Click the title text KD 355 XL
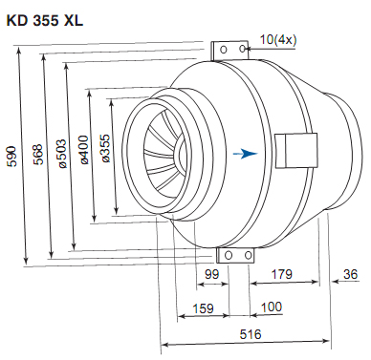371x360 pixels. point(45,21)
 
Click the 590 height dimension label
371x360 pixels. point(12,157)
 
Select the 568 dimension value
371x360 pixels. point(38,155)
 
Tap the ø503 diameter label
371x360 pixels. point(61,154)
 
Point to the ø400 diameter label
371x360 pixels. point(84,150)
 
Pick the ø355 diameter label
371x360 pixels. point(105,148)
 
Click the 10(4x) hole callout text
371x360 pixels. point(278,40)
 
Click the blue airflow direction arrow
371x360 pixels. point(245,154)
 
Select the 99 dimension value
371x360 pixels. point(212,274)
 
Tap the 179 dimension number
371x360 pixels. point(281,274)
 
